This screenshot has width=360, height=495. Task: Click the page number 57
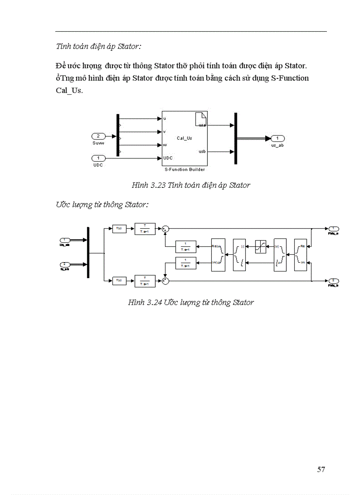(321, 469)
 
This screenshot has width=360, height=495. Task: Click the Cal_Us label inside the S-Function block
(184, 138)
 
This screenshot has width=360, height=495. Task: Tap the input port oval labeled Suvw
(98, 136)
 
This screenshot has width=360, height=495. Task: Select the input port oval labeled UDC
(98, 158)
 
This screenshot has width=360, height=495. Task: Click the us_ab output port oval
(277, 138)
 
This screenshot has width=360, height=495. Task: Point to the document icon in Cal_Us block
(200, 119)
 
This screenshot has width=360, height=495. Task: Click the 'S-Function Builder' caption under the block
(184, 169)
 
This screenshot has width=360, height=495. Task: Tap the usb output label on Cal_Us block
(202, 152)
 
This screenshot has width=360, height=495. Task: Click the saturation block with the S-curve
(260, 246)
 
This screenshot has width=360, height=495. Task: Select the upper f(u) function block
(119, 228)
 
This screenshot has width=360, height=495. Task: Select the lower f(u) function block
(119, 280)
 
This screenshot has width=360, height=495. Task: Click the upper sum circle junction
(165, 228)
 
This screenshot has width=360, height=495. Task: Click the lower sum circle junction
(165, 280)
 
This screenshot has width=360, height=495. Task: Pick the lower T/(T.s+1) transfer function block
(145, 280)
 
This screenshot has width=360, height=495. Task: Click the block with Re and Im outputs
(300, 254)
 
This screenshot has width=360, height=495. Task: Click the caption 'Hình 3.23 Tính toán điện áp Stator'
(191, 185)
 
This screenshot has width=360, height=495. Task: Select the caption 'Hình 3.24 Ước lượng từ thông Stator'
(191, 302)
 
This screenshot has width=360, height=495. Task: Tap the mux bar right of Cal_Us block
(236, 138)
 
